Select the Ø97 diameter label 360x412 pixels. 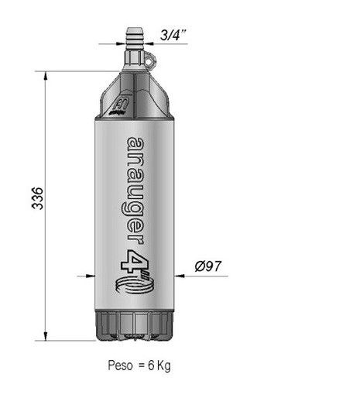click(209, 266)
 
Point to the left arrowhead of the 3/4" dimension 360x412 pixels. click(143, 40)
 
